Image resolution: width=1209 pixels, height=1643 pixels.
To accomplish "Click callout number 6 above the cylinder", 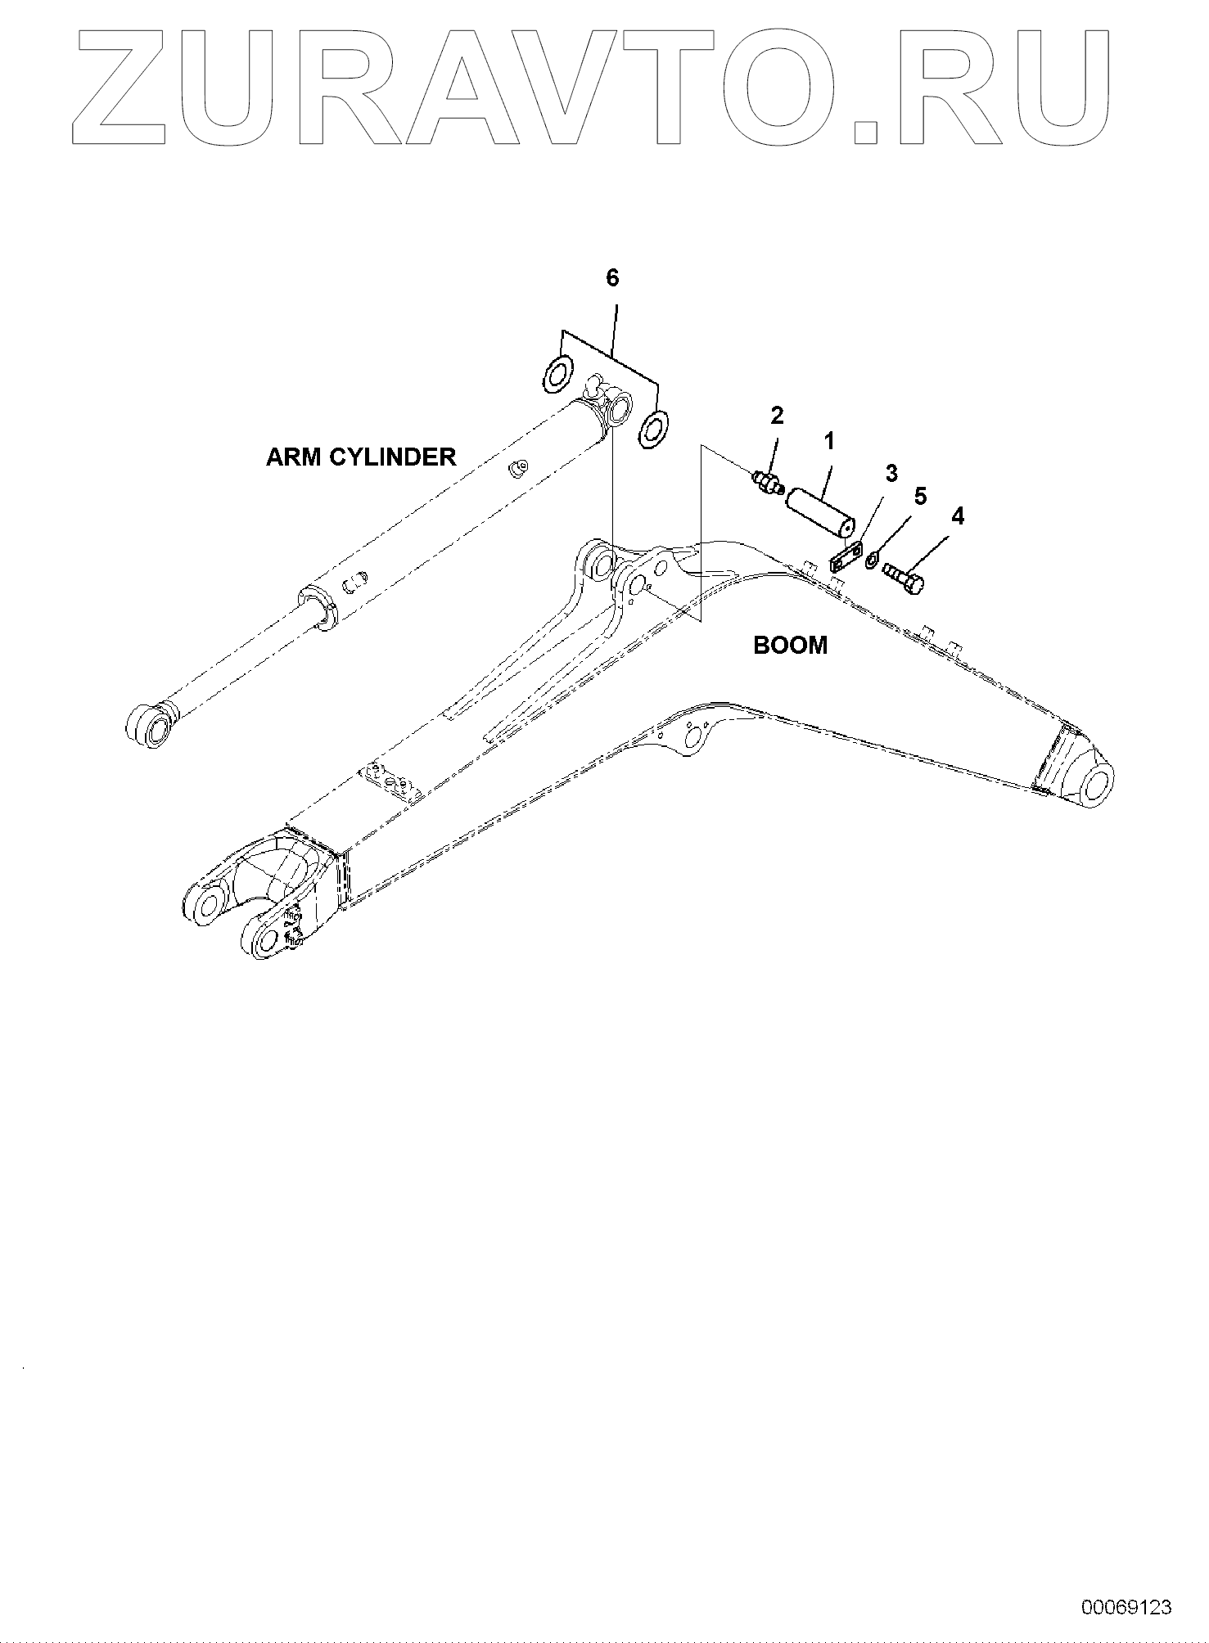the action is pos(612,278).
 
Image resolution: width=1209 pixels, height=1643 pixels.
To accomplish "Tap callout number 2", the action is pos(777,416).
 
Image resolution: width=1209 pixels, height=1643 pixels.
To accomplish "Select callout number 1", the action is pos(829,442).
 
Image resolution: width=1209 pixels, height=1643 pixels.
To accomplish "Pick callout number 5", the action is pos(920,497).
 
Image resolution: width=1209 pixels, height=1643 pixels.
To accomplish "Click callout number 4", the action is pos(957,516).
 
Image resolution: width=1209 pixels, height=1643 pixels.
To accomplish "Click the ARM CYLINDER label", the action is pos(361,457).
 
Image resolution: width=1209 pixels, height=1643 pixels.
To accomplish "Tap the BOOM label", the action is pos(790,646).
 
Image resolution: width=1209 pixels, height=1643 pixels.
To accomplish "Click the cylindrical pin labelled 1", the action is pos(821,512).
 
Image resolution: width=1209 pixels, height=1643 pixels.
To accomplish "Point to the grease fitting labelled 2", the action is pos(767,484).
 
